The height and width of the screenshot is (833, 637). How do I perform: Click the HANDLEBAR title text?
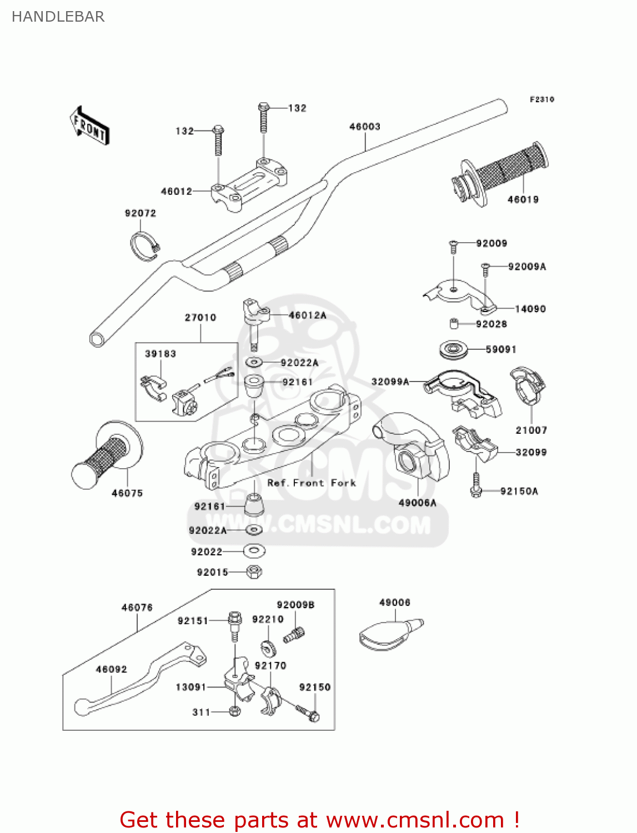(58, 17)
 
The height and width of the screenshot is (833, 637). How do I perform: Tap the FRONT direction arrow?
(89, 126)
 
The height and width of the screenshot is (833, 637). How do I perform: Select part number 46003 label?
(364, 127)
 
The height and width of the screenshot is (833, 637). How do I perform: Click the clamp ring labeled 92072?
(144, 245)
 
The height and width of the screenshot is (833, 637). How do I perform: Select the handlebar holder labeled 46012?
(248, 184)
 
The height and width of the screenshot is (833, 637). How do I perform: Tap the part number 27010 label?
(200, 318)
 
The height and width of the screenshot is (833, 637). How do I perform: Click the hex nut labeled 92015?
(254, 571)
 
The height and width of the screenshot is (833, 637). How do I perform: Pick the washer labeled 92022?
(254, 551)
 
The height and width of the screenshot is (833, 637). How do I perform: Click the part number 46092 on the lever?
(111, 669)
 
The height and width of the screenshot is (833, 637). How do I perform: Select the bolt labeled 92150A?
(475, 485)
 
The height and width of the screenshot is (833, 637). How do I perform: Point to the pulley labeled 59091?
(453, 350)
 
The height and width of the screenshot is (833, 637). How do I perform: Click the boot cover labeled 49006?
(389, 635)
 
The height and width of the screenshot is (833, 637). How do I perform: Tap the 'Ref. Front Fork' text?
(312, 483)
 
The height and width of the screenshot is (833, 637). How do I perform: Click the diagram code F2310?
(541, 99)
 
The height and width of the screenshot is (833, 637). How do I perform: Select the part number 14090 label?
(530, 309)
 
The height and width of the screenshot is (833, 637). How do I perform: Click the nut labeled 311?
(234, 711)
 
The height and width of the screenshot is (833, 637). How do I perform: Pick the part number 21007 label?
(531, 430)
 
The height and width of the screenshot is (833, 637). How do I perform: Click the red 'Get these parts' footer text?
(319, 820)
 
